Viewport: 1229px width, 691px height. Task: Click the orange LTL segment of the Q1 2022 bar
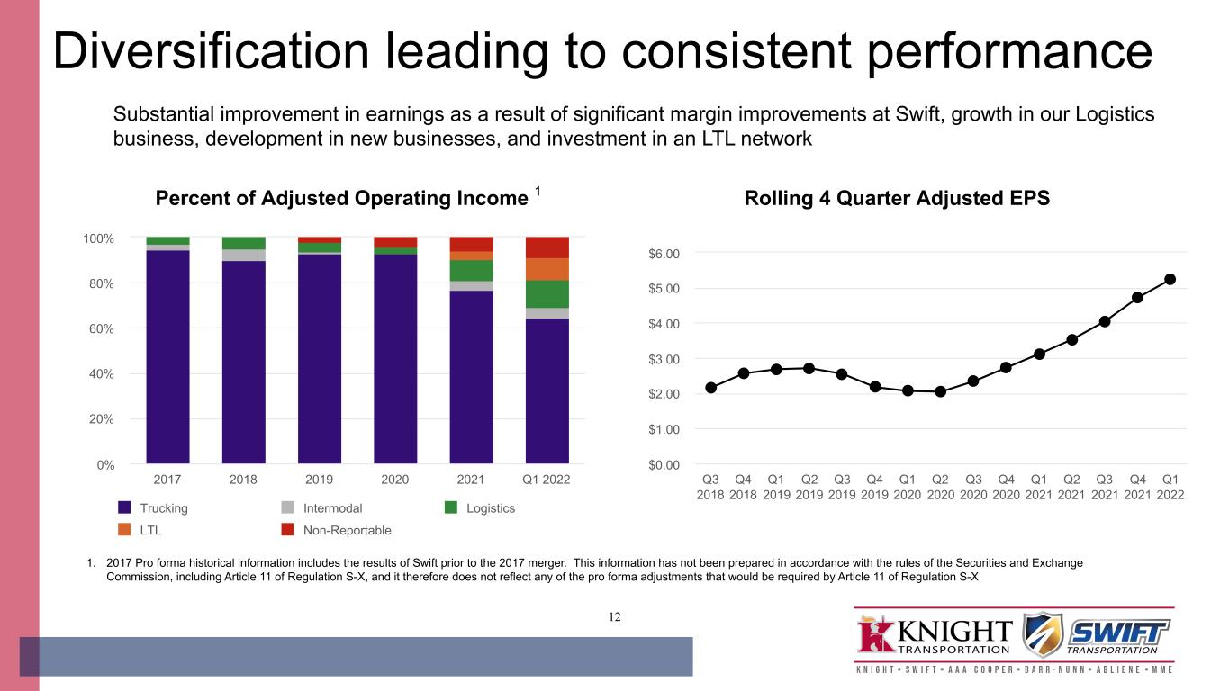[x=547, y=269]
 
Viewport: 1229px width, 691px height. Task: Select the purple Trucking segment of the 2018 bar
[x=244, y=362]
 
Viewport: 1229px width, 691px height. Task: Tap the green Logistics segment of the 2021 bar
[x=471, y=271]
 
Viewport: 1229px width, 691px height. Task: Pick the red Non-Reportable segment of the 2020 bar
[x=395, y=242]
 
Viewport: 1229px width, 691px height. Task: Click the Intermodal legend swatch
[x=287, y=507]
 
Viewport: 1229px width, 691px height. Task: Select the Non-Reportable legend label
[x=348, y=530]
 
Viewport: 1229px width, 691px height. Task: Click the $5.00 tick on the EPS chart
[x=664, y=289]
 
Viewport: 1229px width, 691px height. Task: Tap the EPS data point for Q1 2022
[x=1170, y=279]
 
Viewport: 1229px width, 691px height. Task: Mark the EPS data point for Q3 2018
[x=710, y=388]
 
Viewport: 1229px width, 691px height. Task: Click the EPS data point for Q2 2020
[x=940, y=391]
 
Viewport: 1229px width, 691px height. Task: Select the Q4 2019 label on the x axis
[x=874, y=487]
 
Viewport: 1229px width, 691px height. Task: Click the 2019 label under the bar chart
[x=319, y=480]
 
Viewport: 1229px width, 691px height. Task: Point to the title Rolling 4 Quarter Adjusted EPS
[x=897, y=198]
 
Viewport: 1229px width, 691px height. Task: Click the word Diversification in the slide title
[x=212, y=51]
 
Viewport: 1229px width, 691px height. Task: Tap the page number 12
[x=614, y=617]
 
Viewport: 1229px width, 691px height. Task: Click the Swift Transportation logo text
[x=1118, y=638]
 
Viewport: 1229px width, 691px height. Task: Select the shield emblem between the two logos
[x=1043, y=634]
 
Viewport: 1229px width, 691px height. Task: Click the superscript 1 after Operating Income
[x=538, y=191]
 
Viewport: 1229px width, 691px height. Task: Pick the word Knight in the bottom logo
[x=954, y=632]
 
